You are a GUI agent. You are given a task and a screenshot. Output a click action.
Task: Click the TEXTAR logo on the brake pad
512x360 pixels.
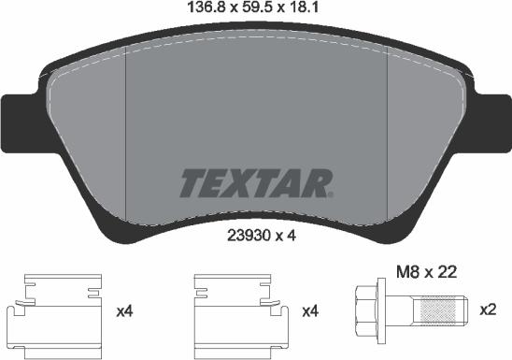(254, 182)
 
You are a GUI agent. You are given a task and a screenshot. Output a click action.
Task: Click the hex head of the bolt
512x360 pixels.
(364, 309)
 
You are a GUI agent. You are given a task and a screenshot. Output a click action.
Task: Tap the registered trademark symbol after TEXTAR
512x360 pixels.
(330, 193)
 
